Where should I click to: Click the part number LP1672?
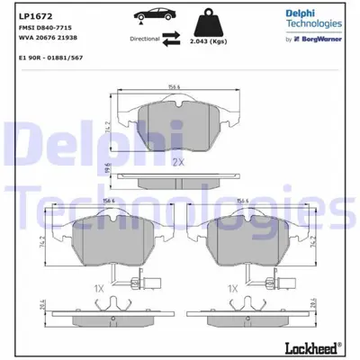pos(24,15)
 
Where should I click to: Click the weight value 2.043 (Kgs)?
pos(208,40)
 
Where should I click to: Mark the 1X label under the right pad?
pos(232,288)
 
